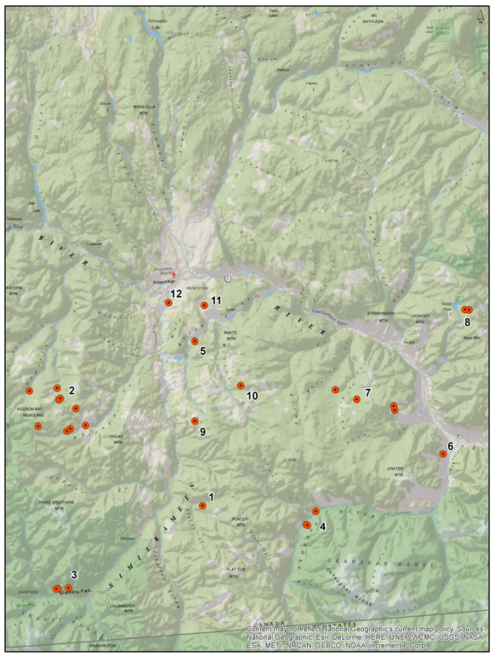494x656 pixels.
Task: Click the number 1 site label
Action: coord(211,496)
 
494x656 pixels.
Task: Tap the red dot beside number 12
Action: coord(168,303)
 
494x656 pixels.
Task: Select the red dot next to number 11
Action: coord(204,305)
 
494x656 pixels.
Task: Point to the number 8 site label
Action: coord(468,322)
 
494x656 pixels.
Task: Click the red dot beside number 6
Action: coord(443,454)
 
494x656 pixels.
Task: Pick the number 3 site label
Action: coord(74,574)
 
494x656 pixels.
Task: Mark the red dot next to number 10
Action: coord(241,385)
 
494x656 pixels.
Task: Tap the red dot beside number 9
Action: coord(195,421)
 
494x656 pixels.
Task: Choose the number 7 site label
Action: coord(366,393)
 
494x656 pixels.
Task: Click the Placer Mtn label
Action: coord(239,520)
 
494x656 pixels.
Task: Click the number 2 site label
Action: coord(71,390)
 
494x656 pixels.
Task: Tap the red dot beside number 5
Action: coord(195,341)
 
